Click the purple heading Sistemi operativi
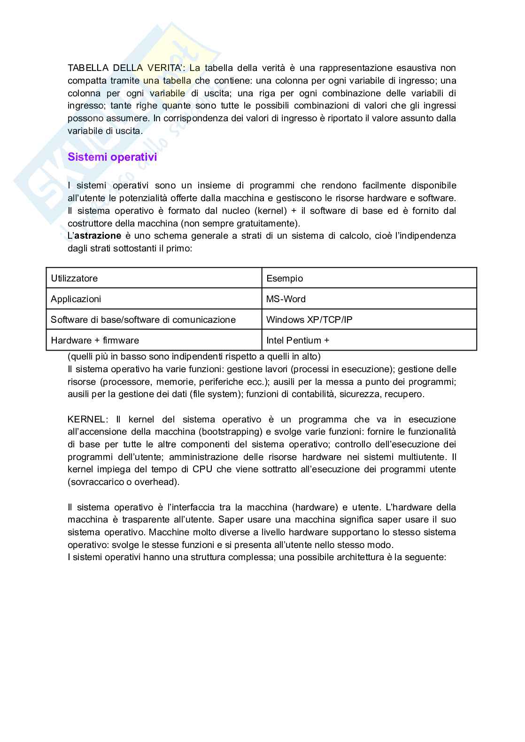point(112,157)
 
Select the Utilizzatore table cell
point(154,278)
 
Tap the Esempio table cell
point(369,278)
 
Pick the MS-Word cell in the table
point(369,299)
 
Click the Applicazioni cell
point(154,299)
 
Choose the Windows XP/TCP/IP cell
point(369,320)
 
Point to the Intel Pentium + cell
point(369,340)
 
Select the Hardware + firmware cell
point(154,340)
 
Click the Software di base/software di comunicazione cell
point(154,320)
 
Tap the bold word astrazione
point(98,235)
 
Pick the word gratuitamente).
point(272,223)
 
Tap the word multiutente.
point(422,457)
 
